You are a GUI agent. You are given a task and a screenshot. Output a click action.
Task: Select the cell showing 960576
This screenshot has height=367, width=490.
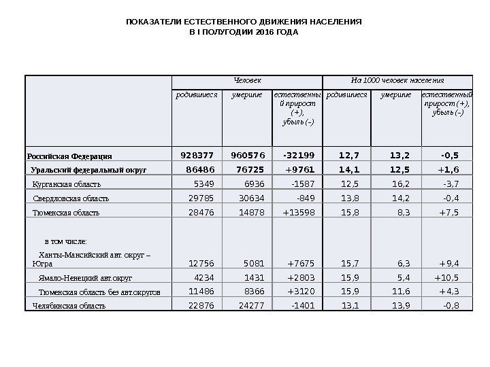tap(247, 154)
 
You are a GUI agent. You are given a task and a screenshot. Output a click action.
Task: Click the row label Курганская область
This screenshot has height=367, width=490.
tap(67, 183)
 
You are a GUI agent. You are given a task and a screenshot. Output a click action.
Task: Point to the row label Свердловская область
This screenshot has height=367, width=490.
tap(71, 198)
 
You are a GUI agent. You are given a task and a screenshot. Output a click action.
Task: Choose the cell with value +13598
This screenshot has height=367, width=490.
tap(293, 213)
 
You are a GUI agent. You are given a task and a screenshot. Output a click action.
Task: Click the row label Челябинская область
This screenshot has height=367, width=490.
tap(69, 306)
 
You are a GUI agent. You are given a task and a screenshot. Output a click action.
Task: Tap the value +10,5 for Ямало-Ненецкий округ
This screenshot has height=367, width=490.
tap(446, 277)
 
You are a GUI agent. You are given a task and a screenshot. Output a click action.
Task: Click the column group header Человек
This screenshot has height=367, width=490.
tap(247, 81)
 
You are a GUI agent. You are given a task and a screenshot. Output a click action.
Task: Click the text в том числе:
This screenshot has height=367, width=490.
tap(65, 241)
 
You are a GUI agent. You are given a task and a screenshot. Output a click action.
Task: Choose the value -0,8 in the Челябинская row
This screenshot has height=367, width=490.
tap(451, 306)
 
